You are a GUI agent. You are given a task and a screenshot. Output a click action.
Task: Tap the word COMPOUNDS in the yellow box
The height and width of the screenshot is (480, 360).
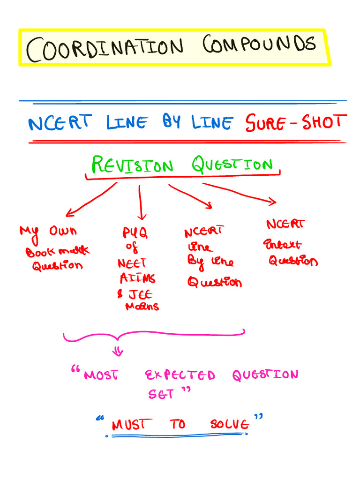(x=259, y=45)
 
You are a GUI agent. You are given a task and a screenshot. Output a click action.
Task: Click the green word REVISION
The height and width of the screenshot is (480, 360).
(x=132, y=165)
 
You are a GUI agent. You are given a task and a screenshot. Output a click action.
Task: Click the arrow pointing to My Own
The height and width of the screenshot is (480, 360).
(x=91, y=200)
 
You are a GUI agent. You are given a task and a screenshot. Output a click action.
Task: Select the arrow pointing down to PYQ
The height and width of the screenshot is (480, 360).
(x=141, y=202)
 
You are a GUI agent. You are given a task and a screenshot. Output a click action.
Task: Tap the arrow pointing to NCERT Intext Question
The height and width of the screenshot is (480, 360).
(x=240, y=193)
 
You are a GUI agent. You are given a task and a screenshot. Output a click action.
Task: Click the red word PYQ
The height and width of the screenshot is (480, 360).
(x=135, y=233)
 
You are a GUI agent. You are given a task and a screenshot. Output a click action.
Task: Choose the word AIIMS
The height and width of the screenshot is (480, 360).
(x=137, y=278)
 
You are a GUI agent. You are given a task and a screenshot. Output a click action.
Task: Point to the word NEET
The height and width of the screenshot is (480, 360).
(x=132, y=263)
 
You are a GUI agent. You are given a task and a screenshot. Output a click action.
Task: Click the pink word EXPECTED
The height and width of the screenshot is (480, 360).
(x=180, y=375)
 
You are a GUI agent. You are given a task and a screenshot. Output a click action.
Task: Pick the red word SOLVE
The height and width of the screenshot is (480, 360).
(x=229, y=425)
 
